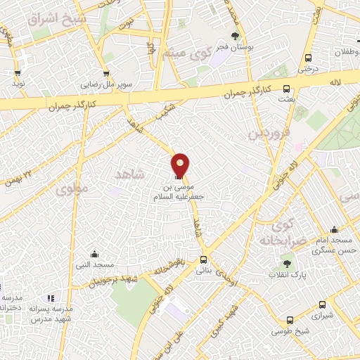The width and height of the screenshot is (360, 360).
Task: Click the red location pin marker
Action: (180, 166)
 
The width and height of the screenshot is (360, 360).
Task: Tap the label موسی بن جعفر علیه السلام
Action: (179, 193)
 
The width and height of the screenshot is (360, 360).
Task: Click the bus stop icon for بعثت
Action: (285, 89)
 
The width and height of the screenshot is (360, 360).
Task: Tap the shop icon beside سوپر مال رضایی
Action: (105, 72)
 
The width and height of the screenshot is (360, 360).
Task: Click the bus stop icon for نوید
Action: (18, 72)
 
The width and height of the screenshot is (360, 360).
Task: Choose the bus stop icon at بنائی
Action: (203, 258)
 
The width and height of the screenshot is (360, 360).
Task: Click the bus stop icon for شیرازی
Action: (322, 305)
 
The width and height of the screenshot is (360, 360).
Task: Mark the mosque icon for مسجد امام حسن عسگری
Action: (333, 229)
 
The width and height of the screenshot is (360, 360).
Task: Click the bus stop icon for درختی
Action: (307, 59)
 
